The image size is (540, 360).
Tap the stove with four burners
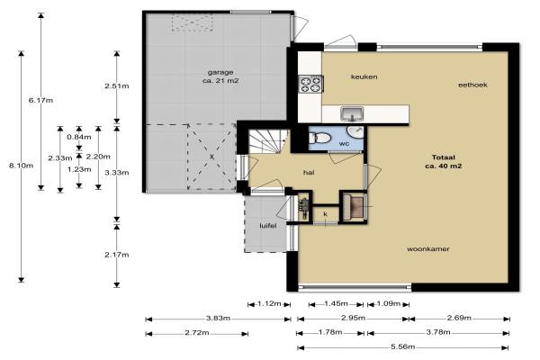click(310, 85)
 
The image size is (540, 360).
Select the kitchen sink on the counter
click(352, 114)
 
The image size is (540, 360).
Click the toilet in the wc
click(319, 139)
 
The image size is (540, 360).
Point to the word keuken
click(364, 76)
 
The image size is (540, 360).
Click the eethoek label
click(472, 85)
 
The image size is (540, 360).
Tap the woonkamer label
click(428, 248)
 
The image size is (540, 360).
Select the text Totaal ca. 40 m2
click(443, 162)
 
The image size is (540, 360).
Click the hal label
click(309, 173)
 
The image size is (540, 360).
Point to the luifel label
click(268, 226)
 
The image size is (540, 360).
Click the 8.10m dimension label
click(21, 166)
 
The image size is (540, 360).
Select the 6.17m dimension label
click(40, 101)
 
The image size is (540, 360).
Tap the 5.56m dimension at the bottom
click(402, 346)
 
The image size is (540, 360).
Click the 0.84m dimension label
click(79, 137)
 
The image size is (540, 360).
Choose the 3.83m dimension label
click(218, 318)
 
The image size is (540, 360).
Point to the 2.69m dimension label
click(459, 318)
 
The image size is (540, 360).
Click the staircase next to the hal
click(268, 141)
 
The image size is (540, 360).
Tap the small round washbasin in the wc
click(355, 133)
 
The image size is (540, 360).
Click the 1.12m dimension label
click(269, 304)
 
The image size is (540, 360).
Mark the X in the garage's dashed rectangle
click(211, 157)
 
